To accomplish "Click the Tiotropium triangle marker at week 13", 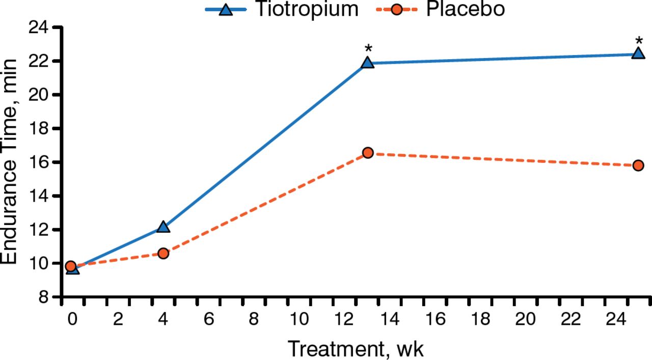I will [368, 63].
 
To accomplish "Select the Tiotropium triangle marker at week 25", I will [638, 53].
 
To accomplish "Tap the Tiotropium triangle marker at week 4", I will [163, 227].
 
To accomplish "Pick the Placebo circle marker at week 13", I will [368, 153].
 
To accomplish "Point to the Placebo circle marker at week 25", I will [638, 165].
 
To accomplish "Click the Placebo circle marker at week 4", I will [163, 253].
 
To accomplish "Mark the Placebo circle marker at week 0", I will [71, 266].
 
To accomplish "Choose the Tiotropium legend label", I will [307, 9].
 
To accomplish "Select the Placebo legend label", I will [465, 9].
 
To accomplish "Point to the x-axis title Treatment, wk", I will [356, 349].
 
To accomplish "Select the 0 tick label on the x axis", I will [73, 319].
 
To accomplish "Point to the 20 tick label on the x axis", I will [525, 319].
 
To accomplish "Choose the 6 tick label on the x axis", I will [208, 319].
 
